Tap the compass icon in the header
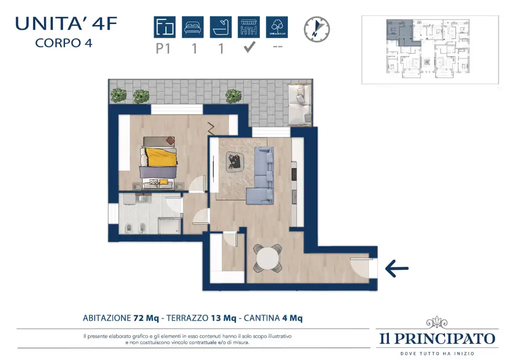tap(317, 28)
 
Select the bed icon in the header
tap(192, 27)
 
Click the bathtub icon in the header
tap(220, 27)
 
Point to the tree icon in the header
tap(276, 27)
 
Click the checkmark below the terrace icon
tap(249, 48)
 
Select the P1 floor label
tap(164, 49)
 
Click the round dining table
tap(268, 258)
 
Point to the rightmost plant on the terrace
tap(232, 95)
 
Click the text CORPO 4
tap(63, 42)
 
